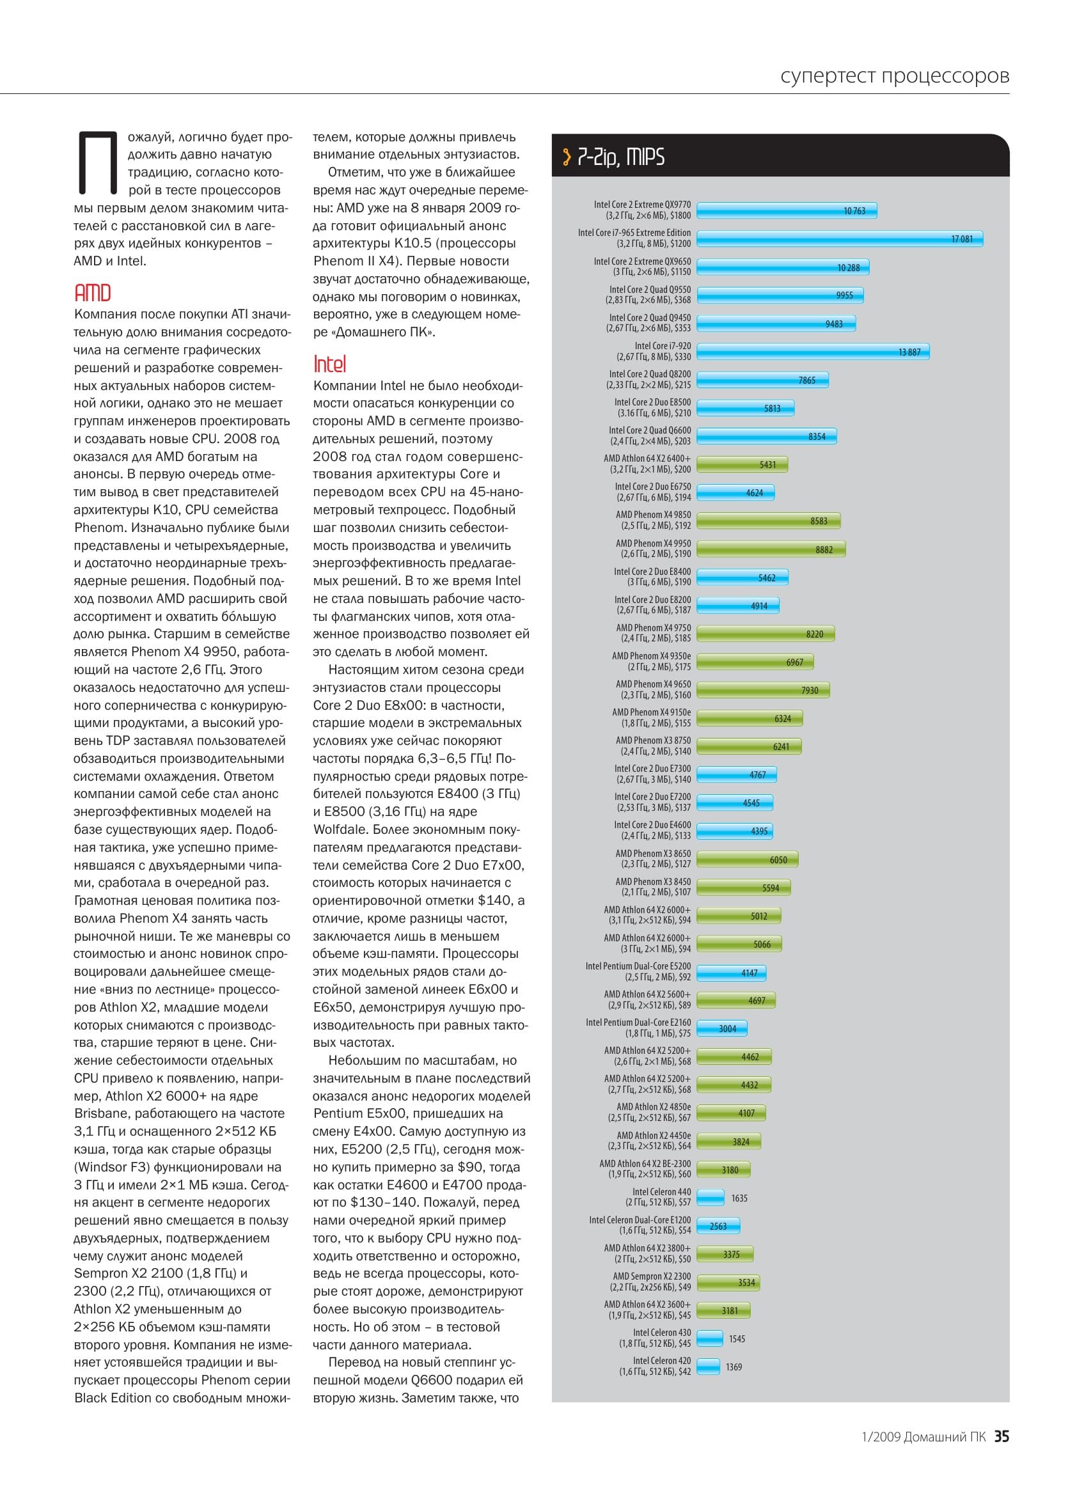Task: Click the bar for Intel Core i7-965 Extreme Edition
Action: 840,239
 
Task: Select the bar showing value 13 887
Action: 813,352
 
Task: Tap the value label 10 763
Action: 854,211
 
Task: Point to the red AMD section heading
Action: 93,293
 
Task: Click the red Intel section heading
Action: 329,364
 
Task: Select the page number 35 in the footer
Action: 1002,1436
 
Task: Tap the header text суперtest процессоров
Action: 895,76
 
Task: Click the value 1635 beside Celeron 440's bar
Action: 739,1198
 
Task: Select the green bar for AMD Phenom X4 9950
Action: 771,549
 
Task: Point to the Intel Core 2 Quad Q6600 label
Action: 649,435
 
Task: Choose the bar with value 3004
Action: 722,1028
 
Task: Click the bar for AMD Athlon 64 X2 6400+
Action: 742,465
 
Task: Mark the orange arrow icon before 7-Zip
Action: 567,157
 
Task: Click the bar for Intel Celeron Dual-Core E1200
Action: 718,1226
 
